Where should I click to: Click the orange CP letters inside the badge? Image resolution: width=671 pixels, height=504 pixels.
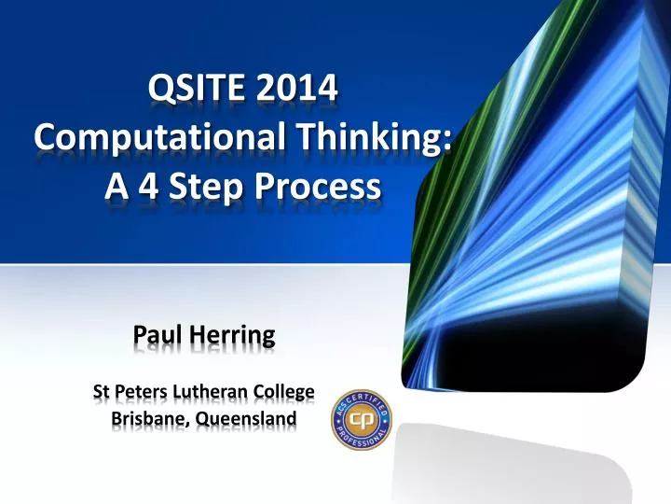(x=362, y=419)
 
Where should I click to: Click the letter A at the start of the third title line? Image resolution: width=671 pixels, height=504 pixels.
(x=116, y=187)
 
